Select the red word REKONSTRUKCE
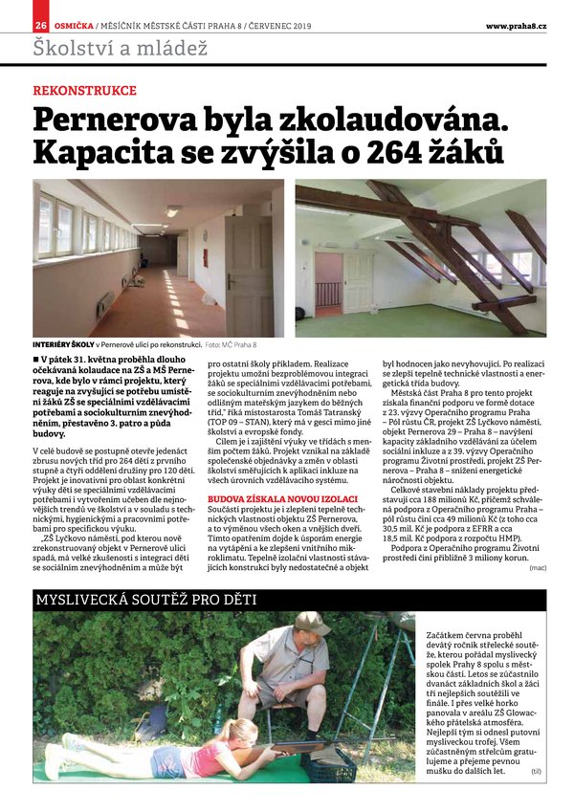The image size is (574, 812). (x=84, y=91)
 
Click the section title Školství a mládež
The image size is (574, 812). (x=120, y=49)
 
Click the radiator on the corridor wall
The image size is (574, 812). (x=104, y=304)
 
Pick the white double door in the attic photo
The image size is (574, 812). (x=357, y=282)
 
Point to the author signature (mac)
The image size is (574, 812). (x=538, y=567)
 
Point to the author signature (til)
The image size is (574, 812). (x=536, y=770)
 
